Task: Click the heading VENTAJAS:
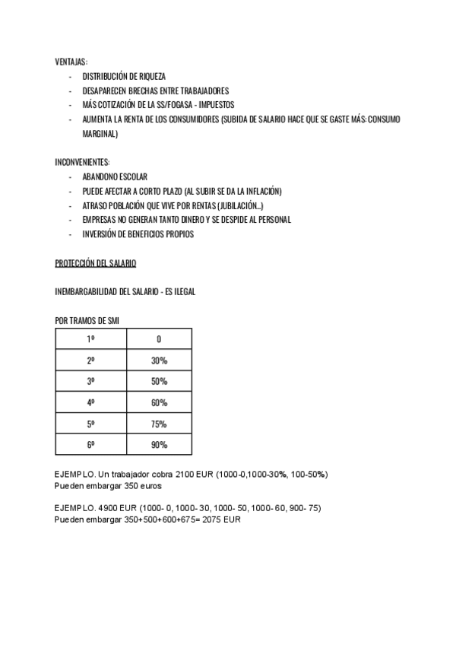tap(71, 62)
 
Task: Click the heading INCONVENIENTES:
tap(82, 162)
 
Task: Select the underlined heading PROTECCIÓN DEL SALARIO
tap(95, 263)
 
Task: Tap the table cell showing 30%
tap(159, 360)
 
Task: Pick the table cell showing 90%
tap(159, 444)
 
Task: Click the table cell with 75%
tap(159, 423)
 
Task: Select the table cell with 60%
tap(159, 402)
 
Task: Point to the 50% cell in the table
tap(159, 381)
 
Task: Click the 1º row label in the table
tap(90, 339)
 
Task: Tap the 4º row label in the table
tap(90, 402)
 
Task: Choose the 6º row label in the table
tap(90, 444)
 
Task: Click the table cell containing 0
tap(159, 339)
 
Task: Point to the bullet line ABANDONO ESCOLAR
tap(114, 176)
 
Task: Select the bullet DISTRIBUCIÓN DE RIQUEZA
tap(123, 76)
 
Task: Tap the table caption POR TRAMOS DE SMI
tap(87, 321)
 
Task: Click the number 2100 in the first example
tap(185, 474)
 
